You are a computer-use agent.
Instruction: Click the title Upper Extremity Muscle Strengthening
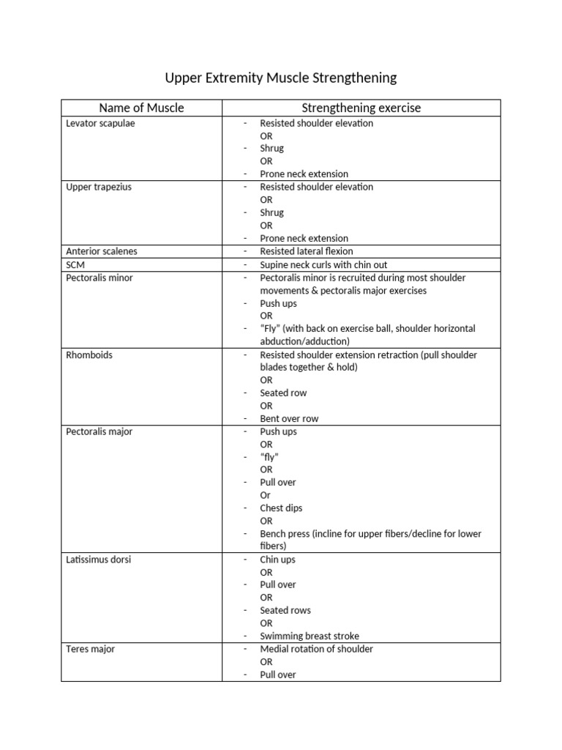click(x=280, y=78)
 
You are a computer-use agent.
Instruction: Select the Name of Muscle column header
click(x=141, y=108)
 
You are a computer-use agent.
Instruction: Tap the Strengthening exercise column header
click(x=361, y=108)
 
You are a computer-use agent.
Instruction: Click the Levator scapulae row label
click(x=100, y=123)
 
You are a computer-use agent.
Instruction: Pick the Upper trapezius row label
click(x=99, y=187)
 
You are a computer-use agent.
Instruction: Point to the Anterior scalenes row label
click(x=102, y=251)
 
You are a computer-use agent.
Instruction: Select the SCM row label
click(x=75, y=264)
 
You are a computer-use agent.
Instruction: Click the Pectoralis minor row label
click(x=99, y=278)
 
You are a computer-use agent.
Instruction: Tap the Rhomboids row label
click(x=89, y=354)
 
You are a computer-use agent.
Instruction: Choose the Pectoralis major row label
click(x=99, y=431)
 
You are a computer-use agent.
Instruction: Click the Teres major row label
click(x=90, y=649)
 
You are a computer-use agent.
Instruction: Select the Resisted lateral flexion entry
click(x=306, y=251)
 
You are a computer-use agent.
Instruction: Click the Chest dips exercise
click(x=281, y=508)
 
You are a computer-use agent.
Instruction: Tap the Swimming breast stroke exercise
click(x=310, y=636)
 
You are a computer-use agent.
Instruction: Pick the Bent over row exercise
click(x=289, y=418)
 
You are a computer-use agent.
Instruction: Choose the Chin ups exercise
click(x=278, y=560)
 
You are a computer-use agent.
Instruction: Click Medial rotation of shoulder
click(x=316, y=649)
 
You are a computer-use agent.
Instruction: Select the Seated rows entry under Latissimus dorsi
click(x=285, y=610)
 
